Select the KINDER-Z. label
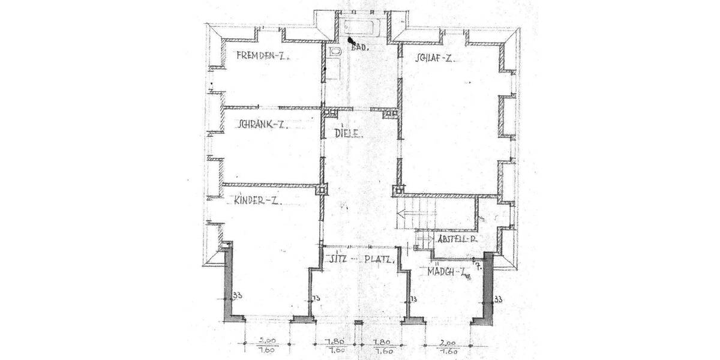(258, 201)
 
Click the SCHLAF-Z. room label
(432, 59)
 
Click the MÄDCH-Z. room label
(448, 272)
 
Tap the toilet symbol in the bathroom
(335, 54)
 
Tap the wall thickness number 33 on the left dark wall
(238, 296)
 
